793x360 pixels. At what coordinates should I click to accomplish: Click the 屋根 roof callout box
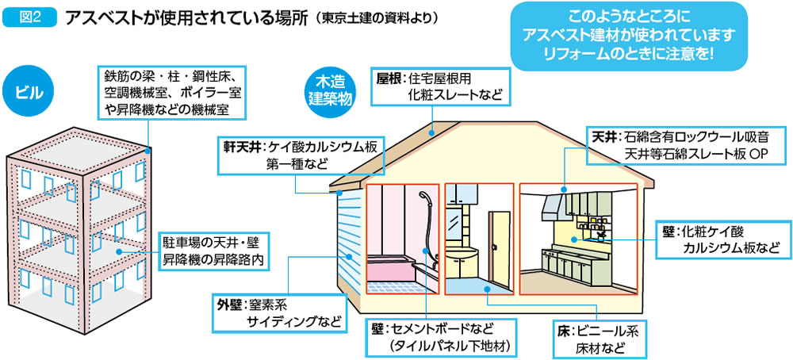click(x=441, y=85)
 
